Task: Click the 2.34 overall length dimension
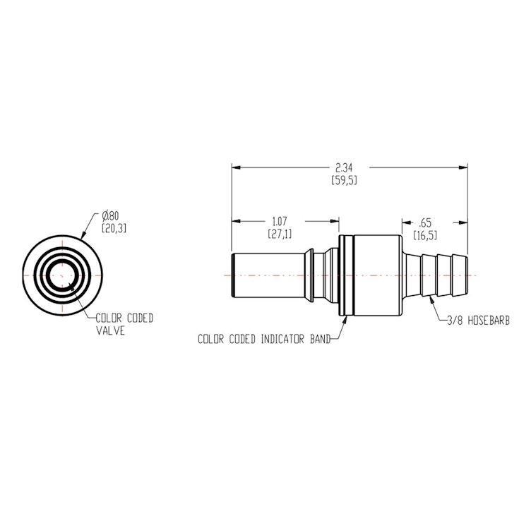pyautogui.click(x=345, y=167)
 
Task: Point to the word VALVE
pyautogui.click(x=111, y=330)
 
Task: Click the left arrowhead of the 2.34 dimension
pyautogui.click(x=236, y=167)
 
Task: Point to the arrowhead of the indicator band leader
pyautogui.click(x=345, y=318)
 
